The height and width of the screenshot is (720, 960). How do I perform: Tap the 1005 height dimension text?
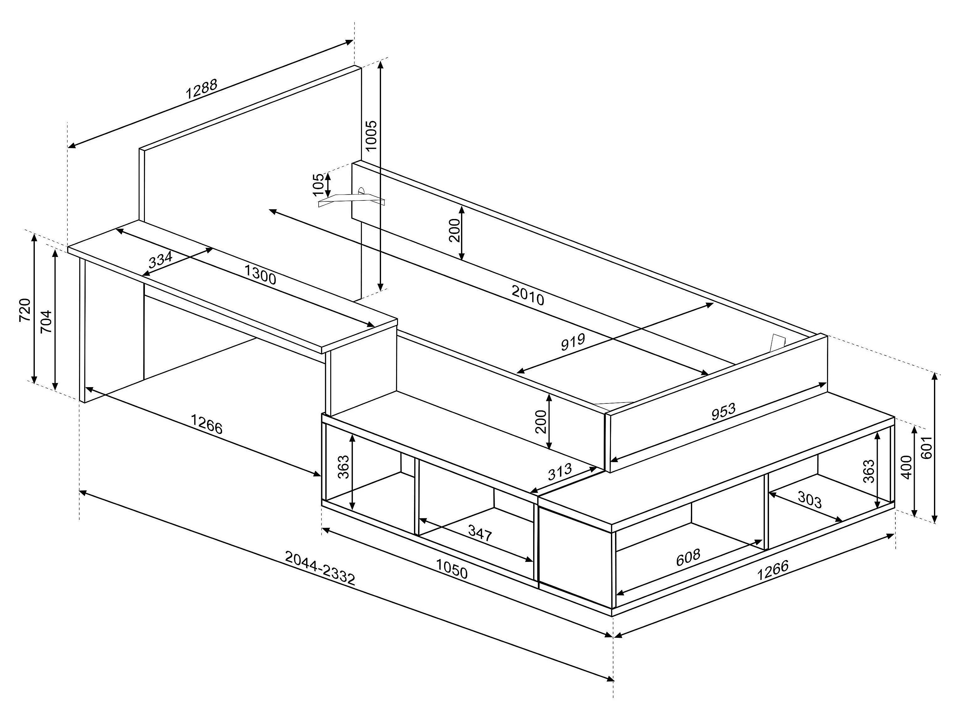tap(372, 136)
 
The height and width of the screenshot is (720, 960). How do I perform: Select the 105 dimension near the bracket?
tap(319, 184)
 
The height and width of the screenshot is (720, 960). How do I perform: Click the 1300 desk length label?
tap(260, 275)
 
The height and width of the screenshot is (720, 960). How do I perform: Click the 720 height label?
tap(25, 310)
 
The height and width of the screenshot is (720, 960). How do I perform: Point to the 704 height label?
tap(46, 321)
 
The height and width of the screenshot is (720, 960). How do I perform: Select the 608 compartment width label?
tap(688, 557)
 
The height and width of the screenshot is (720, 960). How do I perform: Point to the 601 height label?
tap(926, 447)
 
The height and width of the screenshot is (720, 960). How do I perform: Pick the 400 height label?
tap(906, 467)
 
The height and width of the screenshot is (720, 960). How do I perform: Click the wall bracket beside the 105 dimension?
tap(352, 199)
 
